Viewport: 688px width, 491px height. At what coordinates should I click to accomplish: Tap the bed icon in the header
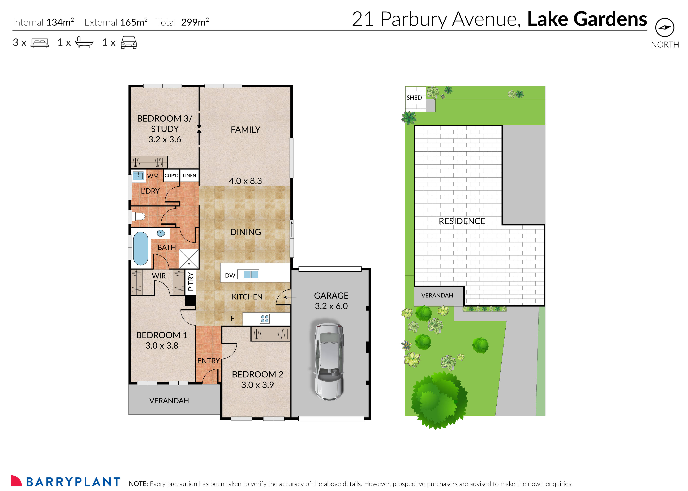(40, 43)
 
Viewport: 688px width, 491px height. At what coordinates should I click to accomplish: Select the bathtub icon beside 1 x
(84, 42)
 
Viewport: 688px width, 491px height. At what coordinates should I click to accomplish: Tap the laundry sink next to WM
(138, 176)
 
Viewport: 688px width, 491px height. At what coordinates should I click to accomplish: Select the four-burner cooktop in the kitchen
(265, 319)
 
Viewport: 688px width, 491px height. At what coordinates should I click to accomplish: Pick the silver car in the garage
(329, 362)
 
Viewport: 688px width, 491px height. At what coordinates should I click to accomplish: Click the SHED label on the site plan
(414, 98)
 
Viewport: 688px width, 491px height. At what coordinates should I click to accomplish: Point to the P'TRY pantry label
(190, 281)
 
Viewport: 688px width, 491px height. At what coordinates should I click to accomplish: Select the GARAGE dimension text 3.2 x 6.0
(331, 306)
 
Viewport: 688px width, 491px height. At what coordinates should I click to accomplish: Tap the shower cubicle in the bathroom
(189, 259)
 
